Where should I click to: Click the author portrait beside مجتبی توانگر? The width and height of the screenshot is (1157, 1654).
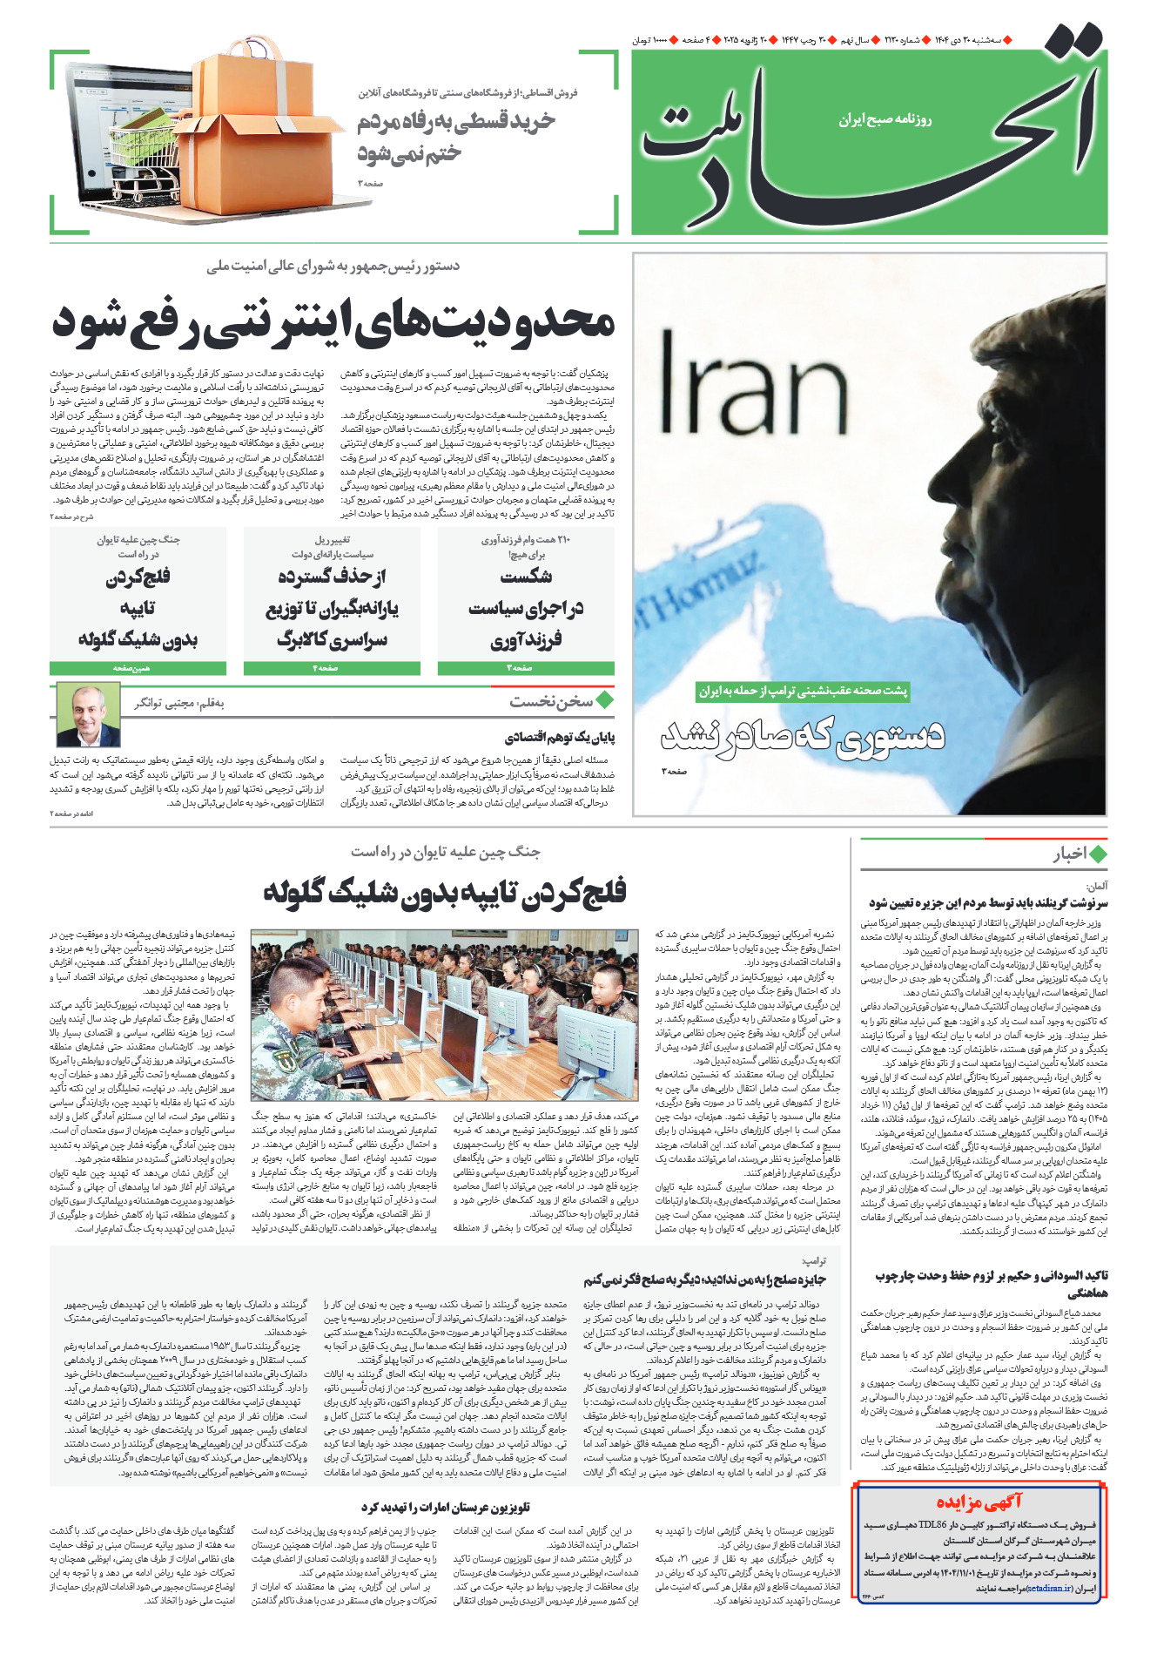pyautogui.click(x=88, y=715)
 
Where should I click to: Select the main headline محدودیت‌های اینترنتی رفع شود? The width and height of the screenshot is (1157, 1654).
pyautogui.click(x=333, y=321)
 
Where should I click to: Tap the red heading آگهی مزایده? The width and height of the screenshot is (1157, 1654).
pyautogui.click(x=979, y=1501)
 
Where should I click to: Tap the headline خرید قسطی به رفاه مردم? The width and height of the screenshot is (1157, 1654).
pyautogui.click(x=455, y=122)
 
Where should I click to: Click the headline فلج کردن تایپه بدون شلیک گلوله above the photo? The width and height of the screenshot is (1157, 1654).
pyautogui.click(x=445, y=891)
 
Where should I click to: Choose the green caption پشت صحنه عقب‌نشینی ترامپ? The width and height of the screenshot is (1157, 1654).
pyautogui.click(x=803, y=691)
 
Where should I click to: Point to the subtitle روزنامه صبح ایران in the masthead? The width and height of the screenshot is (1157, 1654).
pyautogui.click(x=885, y=119)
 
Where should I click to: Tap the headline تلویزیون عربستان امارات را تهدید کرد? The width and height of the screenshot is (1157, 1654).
pyautogui.click(x=445, y=1507)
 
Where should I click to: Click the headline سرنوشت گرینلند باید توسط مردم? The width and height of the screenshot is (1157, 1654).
pyautogui.click(x=987, y=902)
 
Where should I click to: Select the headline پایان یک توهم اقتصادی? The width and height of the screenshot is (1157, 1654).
pyautogui.click(x=561, y=738)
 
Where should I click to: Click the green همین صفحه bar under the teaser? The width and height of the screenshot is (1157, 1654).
pyautogui.click(x=138, y=668)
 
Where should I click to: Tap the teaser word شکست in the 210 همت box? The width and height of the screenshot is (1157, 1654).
pyautogui.click(x=526, y=577)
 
